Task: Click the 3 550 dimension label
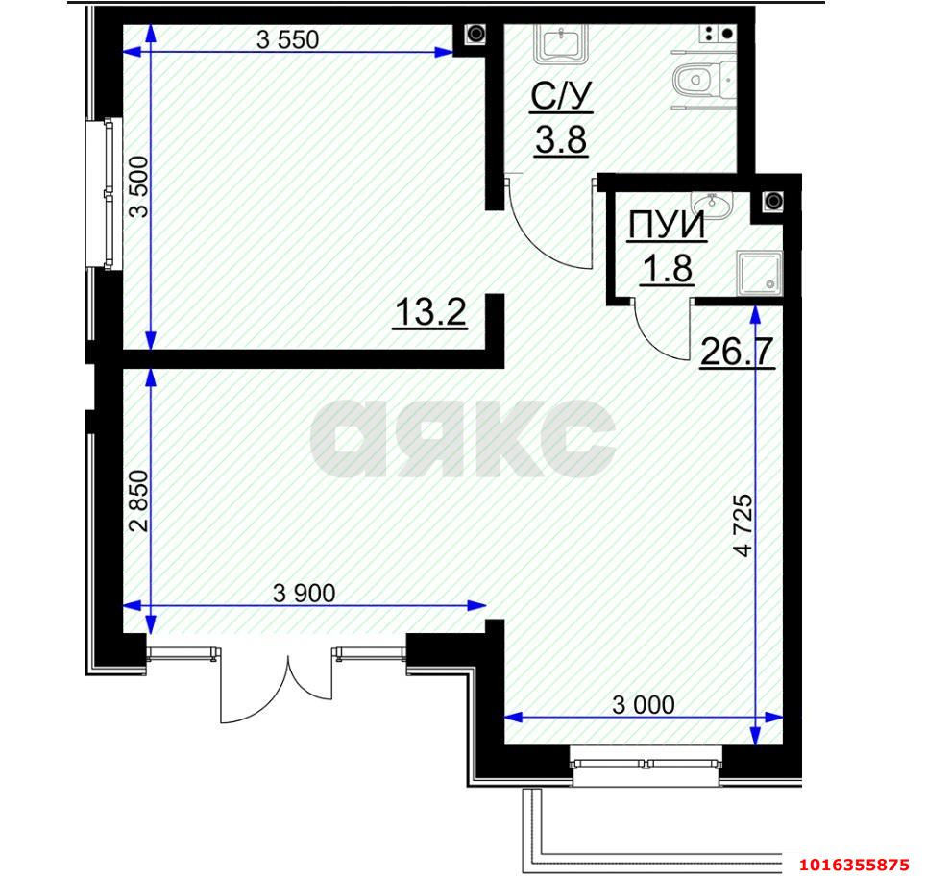click(x=287, y=40)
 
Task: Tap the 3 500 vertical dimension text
click(x=139, y=186)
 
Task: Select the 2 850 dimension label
click(x=139, y=500)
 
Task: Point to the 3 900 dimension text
click(x=305, y=593)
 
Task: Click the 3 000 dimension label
click(x=644, y=704)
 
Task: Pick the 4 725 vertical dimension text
click(x=743, y=525)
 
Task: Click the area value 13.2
click(x=430, y=312)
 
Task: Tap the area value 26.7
click(x=737, y=352)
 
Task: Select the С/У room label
click(x=560, y=96)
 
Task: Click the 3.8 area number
click(x=561, y=140)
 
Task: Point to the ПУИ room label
click(x=667, y=225)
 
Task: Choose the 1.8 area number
click(x=668, y=269)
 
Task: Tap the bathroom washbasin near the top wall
click(x=560, y=43)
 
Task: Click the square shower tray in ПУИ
click(x=760, y=273)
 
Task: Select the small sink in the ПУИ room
click(x=712, y=205)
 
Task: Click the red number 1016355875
click(x=854, y=865)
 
